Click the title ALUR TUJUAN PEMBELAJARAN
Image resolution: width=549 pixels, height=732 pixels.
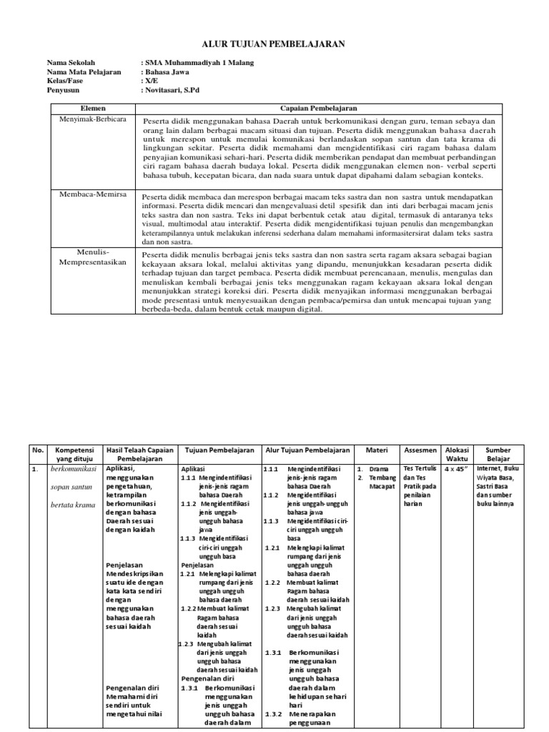click(x=274, y=44)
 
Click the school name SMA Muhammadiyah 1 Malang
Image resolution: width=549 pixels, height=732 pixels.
click(x=199, y=63)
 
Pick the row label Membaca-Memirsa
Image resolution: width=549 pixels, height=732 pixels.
click(x=91, y=194)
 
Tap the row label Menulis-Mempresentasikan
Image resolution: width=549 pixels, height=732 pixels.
click(x=91, y=257)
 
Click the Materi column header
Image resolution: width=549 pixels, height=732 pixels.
click(x=376, y=450)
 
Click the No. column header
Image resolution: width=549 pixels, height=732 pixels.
click(x=38, y=450)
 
